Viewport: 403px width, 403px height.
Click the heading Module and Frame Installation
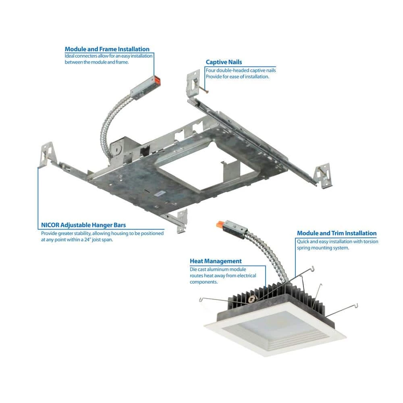click(107, 49)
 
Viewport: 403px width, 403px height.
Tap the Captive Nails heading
click(224, 62)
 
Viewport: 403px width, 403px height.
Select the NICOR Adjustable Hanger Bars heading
click(83, 225)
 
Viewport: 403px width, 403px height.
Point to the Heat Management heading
click(216, 261)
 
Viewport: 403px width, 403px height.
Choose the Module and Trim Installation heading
click(337, 233)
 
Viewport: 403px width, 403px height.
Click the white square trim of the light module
click(275, 332)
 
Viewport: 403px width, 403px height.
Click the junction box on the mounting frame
click(123, 152)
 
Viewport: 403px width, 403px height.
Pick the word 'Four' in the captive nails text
click(210, 71)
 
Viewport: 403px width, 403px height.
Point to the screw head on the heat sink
click(252, 299)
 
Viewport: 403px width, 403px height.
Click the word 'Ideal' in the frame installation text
click(69, 56)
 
